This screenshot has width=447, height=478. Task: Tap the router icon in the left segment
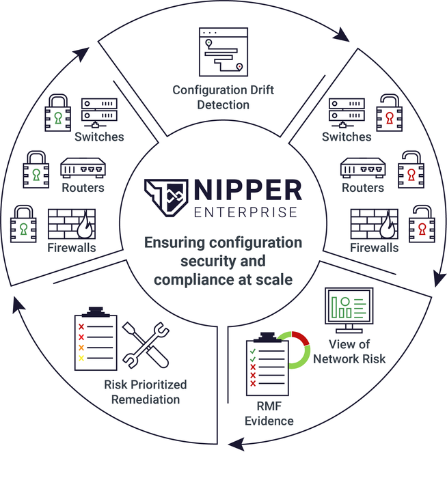coord(83,168)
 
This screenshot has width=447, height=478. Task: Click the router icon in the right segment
coord(362,168)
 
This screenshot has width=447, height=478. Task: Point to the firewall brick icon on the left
coord(71,224)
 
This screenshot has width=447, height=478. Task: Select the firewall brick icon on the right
coord(373,224)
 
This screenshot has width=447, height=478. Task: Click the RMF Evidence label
coord(270,414)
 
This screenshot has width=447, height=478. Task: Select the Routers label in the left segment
coord(83,188)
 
